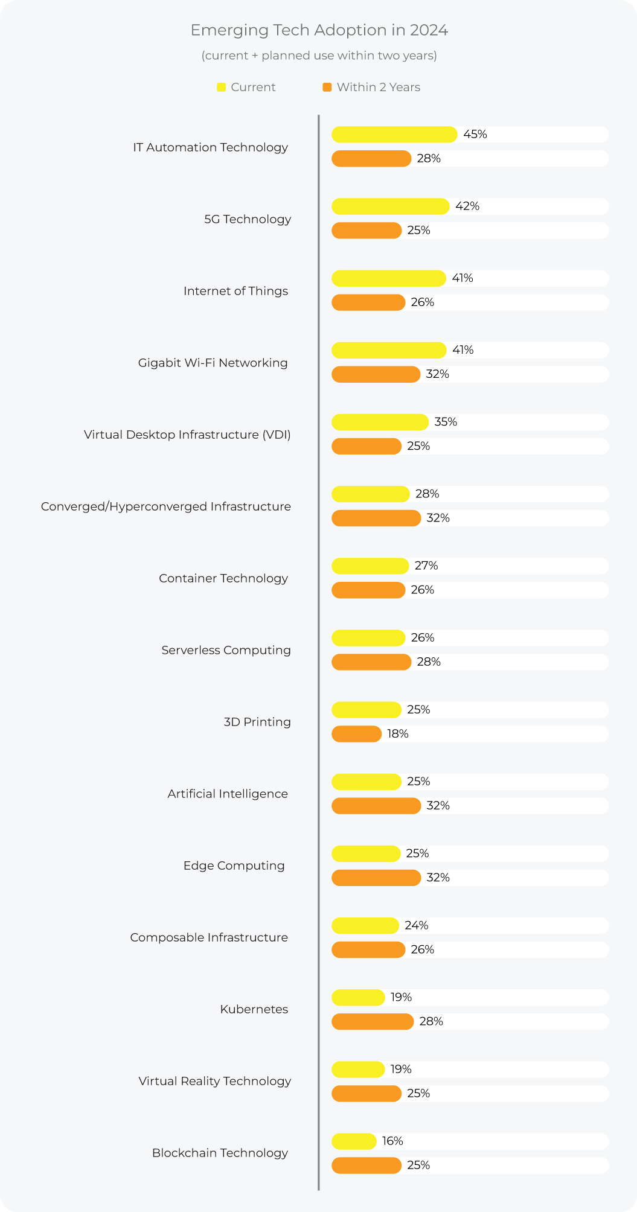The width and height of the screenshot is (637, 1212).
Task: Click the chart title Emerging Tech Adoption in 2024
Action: click(x=319, y=30)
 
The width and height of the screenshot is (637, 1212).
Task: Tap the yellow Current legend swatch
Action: click(x=221, y=88)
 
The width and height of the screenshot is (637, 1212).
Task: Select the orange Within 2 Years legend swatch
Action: click(x=327, y=88)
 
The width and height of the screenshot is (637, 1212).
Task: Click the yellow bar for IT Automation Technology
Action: click(x=394, y=135)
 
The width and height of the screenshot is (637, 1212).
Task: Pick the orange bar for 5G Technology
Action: click(x=367, y=231)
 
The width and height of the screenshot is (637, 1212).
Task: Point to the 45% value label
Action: click(x=475, y=135)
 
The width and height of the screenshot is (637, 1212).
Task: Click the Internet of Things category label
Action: click(x=235, y=291)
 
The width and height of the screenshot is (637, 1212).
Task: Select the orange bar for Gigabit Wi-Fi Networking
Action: click(x=376, y=374)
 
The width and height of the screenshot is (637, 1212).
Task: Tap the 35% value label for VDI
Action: click(x=446, y=422)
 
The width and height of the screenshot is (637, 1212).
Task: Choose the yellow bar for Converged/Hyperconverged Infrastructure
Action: click(x=371, y=494)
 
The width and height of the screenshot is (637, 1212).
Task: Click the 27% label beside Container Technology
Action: click(x=426, y=566)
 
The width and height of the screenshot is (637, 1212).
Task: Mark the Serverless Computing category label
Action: click(x=226, y=650)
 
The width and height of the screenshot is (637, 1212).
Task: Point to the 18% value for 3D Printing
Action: click(x=398, y=734)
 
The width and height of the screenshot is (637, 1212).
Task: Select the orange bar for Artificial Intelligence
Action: click(x=376, y=806)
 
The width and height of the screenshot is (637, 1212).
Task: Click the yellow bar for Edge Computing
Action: click(x=366, y=853)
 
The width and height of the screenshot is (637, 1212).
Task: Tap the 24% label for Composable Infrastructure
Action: click(x=417, y=925)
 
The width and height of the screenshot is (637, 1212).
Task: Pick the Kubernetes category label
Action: click(x=254, y=1009)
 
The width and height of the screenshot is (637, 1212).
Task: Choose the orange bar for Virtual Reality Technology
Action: click(x=367, y=1093)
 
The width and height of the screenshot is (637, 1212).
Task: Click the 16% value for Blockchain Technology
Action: click(x=392, y=1141)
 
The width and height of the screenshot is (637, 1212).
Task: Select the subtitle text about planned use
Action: click(x=319, y=56)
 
